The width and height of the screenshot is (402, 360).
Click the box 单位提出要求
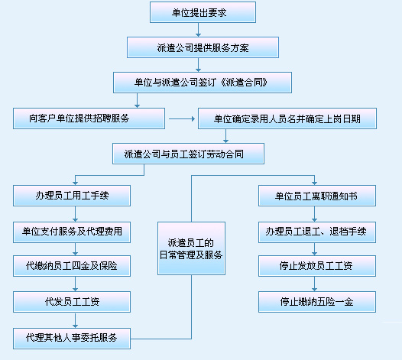pyautogui.click(x=203, y=12)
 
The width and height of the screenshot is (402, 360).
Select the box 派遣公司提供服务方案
pyautogui.click(x=203, y=47)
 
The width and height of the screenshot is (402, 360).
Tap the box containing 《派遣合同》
pyautogui.click(x=203, y=83)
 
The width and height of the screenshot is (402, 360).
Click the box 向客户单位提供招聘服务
pyautogui.click(x=89, y=118)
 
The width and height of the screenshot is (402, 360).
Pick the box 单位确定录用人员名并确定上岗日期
pyautogui.click(x=287, y=118)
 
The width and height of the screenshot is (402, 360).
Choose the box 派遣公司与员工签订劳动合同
pyautogui.click(x=189, y=154)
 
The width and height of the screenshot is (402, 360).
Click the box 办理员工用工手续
pyautogui.click(x=72, y=196)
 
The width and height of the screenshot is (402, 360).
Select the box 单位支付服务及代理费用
pyautogui.click(x=72, y=232)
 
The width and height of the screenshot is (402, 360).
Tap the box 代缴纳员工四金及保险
pyautogui.click(x=72, y=266)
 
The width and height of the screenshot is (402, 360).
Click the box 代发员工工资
pyautogui.click(x=72, y=302)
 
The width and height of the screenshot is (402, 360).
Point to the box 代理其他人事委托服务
pyautogui.click(x=72, y=339)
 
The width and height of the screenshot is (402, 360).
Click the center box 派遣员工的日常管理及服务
pyautogui.click(x=192, y=248)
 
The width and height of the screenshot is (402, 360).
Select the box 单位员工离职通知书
pyautogui.click(x=317, y=196)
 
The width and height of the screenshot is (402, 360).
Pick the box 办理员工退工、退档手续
pyautogui.click(x=317, y=232)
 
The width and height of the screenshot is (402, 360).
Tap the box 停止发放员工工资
pyautogui.click(x=317, y=266)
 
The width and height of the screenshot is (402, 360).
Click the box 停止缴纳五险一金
pyautogui.click(x=317, y=302)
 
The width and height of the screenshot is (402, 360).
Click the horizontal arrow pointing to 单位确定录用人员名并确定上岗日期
pyautogui.click(x=182, y=118)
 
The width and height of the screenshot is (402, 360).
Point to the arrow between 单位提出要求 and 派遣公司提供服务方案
pyautogui.click(x=198, y=30)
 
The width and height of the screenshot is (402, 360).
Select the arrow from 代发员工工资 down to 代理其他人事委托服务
pyautogui.click(x=75, y=320)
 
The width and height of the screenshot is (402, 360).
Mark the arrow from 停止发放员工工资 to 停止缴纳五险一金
pyautogui.click(x=315, y=284)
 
